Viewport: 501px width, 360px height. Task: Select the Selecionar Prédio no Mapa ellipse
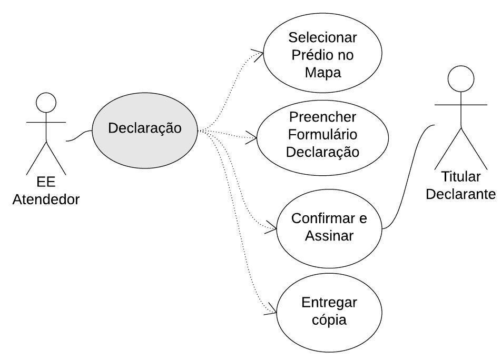click(x=322, y=55)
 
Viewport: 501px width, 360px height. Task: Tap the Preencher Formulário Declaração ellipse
click(x=322, y=135)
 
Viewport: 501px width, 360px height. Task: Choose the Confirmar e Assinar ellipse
click(x=329, y=227)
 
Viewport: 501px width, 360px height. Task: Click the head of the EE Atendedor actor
click(x=46, y=102)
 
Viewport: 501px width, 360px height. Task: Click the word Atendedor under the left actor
click(x=46, y=199)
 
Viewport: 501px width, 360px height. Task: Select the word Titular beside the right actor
click(x=461, y=177)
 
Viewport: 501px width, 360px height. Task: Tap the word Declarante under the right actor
click(x=461, y=194)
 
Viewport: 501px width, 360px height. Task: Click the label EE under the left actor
click(x=46, y=182)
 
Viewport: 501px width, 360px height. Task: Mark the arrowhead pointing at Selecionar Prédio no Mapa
click(x=259, y=54)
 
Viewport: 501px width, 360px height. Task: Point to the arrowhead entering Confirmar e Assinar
click(x=272, y=228)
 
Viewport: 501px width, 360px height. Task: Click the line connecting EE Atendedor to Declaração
click(x=79, y=137)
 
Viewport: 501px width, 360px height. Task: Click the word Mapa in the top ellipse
click(x=323, y=72)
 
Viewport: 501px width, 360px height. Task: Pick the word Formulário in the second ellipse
click(x=322, y=135)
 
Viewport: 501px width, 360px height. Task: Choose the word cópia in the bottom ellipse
click(x=329, y=319)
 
